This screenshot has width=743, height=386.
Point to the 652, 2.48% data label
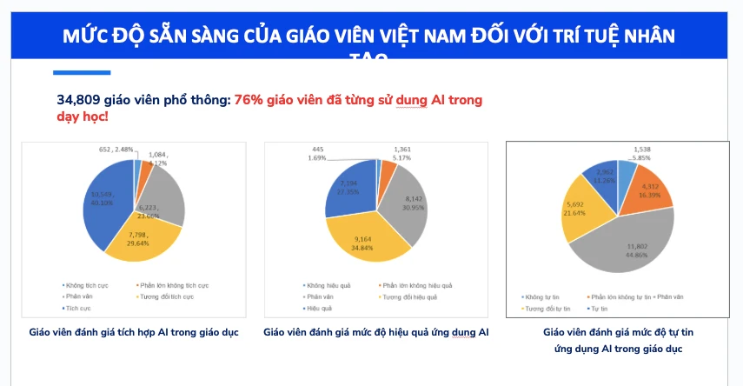click(115, 150)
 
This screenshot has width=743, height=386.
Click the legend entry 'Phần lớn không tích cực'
click(174, 285)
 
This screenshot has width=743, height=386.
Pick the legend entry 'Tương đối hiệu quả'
click(409, 296)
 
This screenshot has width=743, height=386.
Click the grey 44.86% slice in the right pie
click(626, 248)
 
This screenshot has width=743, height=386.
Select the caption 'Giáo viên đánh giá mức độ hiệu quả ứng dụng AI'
click(375, 332)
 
